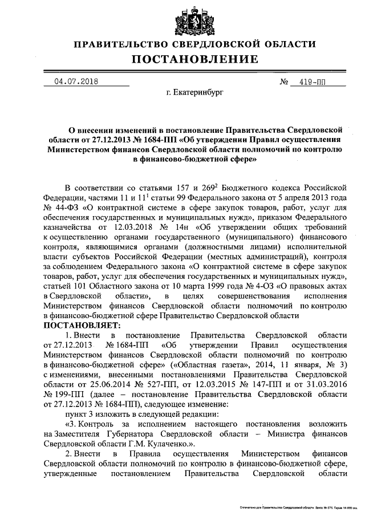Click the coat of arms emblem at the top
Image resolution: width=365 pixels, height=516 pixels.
(195, 21)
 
